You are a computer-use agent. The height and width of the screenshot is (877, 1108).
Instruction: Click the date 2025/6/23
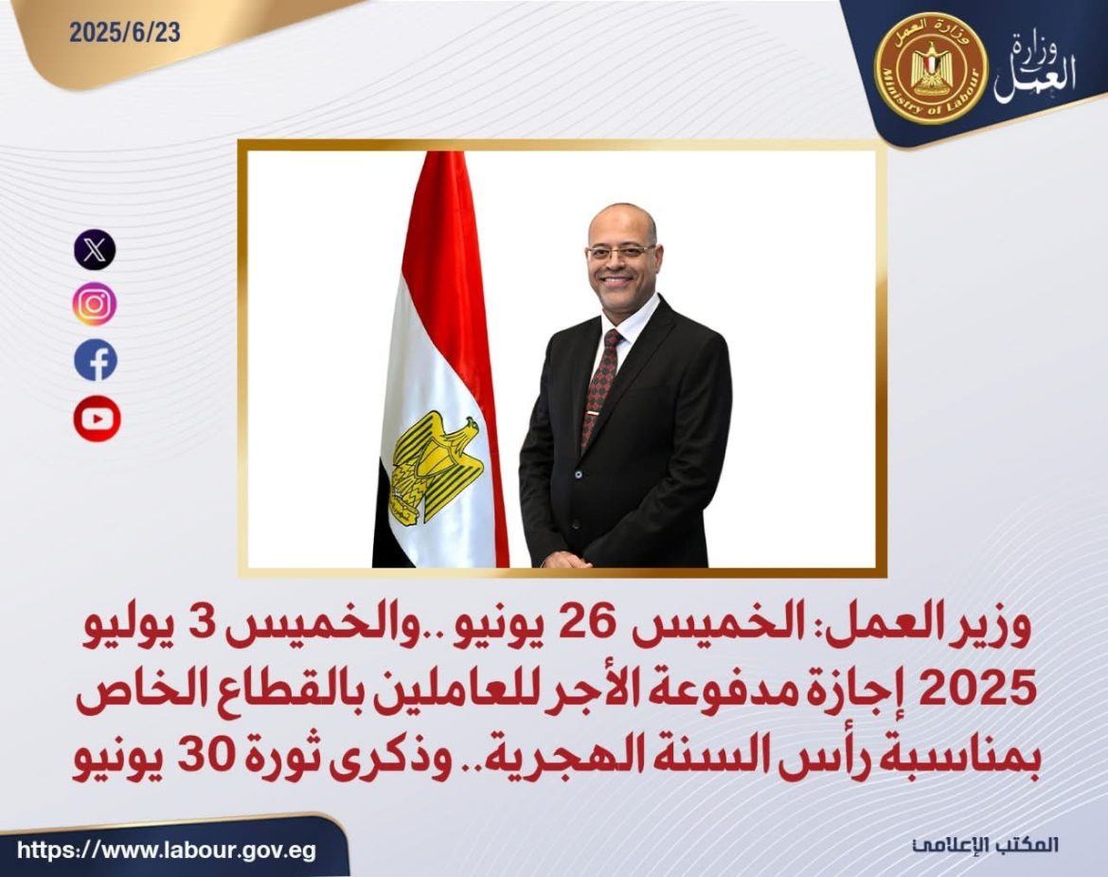tap(124, 32)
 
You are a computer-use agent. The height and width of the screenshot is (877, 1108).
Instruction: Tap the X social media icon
tap(95, 250)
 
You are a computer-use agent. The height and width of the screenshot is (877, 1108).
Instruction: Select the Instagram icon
tap(95, 304)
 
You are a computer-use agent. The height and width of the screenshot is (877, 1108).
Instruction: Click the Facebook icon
tap(96, 360)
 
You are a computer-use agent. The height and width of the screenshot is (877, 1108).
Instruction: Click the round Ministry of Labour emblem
tap(930, 67)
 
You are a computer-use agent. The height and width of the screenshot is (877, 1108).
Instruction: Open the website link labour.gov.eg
tap(167, 850)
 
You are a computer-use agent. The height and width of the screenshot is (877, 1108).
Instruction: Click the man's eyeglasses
tap(619, 252)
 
